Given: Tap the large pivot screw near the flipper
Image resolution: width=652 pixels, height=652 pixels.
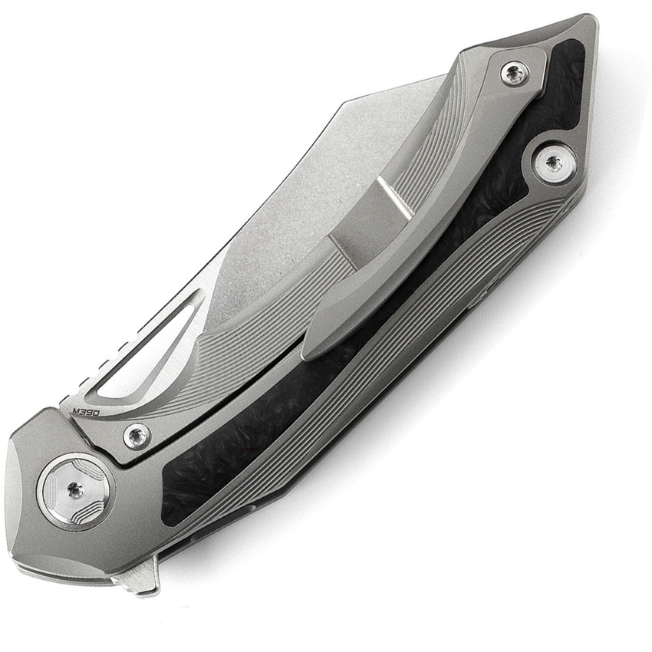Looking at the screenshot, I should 74,490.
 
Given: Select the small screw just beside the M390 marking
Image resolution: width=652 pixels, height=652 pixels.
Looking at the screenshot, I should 137,436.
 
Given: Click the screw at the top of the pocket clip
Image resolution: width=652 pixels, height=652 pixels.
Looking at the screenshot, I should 513,74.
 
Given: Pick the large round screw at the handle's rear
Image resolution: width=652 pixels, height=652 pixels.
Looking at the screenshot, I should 553,163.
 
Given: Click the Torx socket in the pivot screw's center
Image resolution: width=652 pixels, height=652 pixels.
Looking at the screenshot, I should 74,490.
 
